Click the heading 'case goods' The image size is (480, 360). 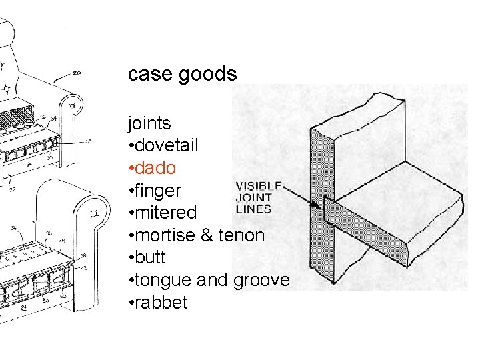click(182, 74)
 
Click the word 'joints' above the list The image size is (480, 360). click(150, 123)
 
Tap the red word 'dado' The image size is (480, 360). click(154, 168)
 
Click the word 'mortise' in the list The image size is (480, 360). click(164, 235)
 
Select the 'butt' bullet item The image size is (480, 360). click(151, 258)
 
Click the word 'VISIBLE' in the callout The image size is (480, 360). click(260, 186)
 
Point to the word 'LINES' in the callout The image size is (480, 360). click(253, 209)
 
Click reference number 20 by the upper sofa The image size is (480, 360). click(77, 73)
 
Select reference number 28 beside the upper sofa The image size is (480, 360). click(88, 141)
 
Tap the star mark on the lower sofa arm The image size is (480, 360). click(93, 212)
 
